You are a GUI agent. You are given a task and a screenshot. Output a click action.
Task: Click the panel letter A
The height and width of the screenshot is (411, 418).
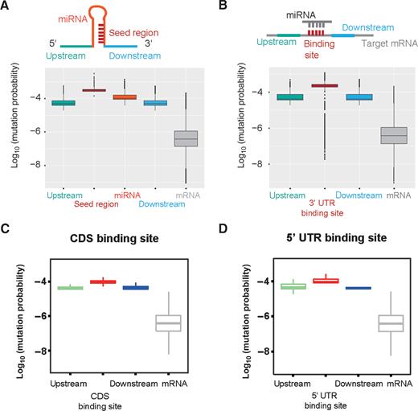[6, 7]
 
